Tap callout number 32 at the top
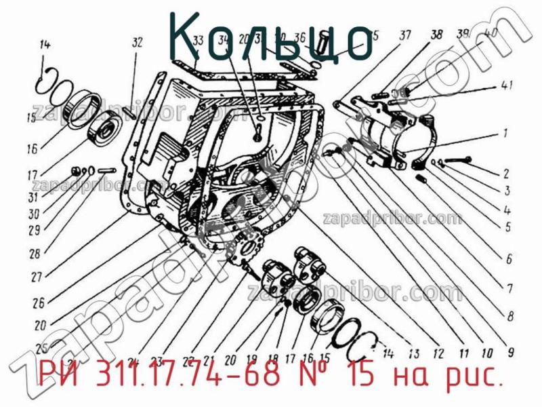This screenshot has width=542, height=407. click(138, 43)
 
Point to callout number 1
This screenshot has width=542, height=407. click(505, 133)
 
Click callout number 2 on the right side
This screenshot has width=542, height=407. click(506, 173)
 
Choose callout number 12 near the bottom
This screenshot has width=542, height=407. click(438, 353)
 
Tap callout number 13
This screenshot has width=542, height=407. click(413, 353)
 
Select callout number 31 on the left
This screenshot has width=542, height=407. click(32, 197)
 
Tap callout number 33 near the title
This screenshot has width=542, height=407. click(198, 41)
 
